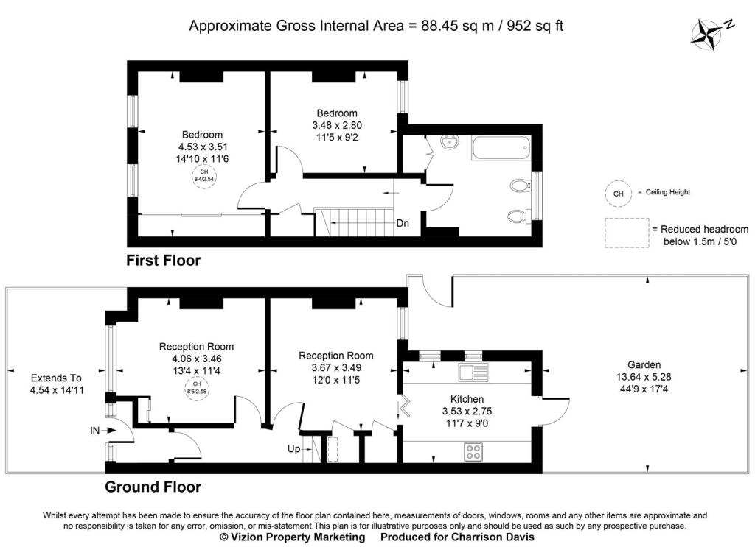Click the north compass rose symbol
706,35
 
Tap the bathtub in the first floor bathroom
501,149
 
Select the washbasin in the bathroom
450,142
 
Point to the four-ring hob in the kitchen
473,452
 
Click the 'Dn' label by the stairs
403,224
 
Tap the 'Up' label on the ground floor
293,449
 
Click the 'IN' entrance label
95,431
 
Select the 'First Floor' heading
163,261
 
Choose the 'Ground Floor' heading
153,487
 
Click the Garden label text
644,365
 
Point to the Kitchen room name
467,399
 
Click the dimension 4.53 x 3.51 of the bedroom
203,147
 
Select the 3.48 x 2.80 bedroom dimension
337,125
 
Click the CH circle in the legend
619,194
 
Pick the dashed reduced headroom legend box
627,233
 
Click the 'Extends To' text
56,378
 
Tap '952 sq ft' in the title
535,26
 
